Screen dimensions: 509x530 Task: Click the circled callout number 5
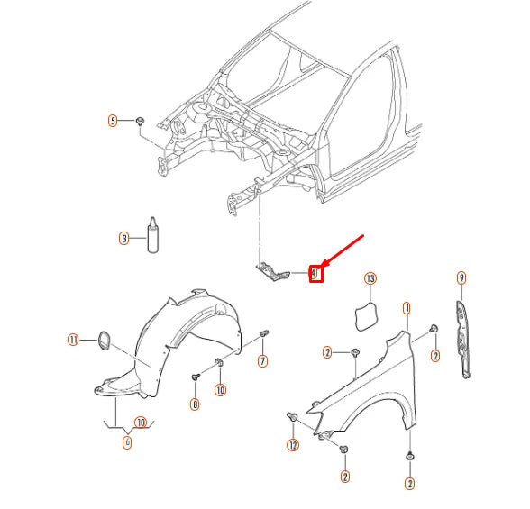click(x=114, y=120)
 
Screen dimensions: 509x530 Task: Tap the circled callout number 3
click(x=124, y=239)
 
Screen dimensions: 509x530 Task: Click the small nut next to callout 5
click(x=142, y=120)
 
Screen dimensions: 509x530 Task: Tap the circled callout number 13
click(x=370, y=279)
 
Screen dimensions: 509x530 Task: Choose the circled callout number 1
click(x=407, y=308)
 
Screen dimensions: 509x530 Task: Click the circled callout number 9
click(x=461, y=278)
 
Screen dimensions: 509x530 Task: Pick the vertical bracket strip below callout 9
click(x=462, y=337)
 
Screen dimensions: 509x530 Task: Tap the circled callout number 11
click(x=73, y=339)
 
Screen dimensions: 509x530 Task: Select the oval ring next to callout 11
click(x=102, y=340)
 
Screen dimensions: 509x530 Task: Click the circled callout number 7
click(x=262, y=361)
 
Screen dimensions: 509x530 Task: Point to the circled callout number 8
click(x=195, y=404)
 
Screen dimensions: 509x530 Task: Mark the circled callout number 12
click(x=293, y=445)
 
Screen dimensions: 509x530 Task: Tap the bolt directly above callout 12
click(x=293, y=417)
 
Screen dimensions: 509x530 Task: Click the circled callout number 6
click(x=127, y=442)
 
